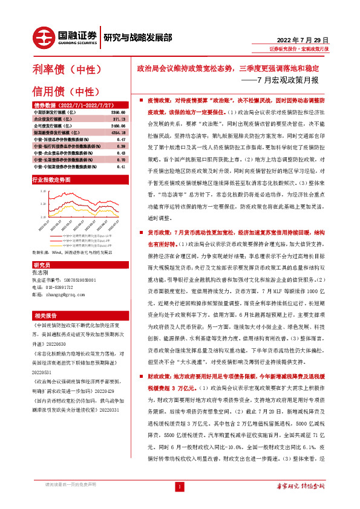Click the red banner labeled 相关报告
coord(45,316)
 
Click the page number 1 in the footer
coord(179,487)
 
